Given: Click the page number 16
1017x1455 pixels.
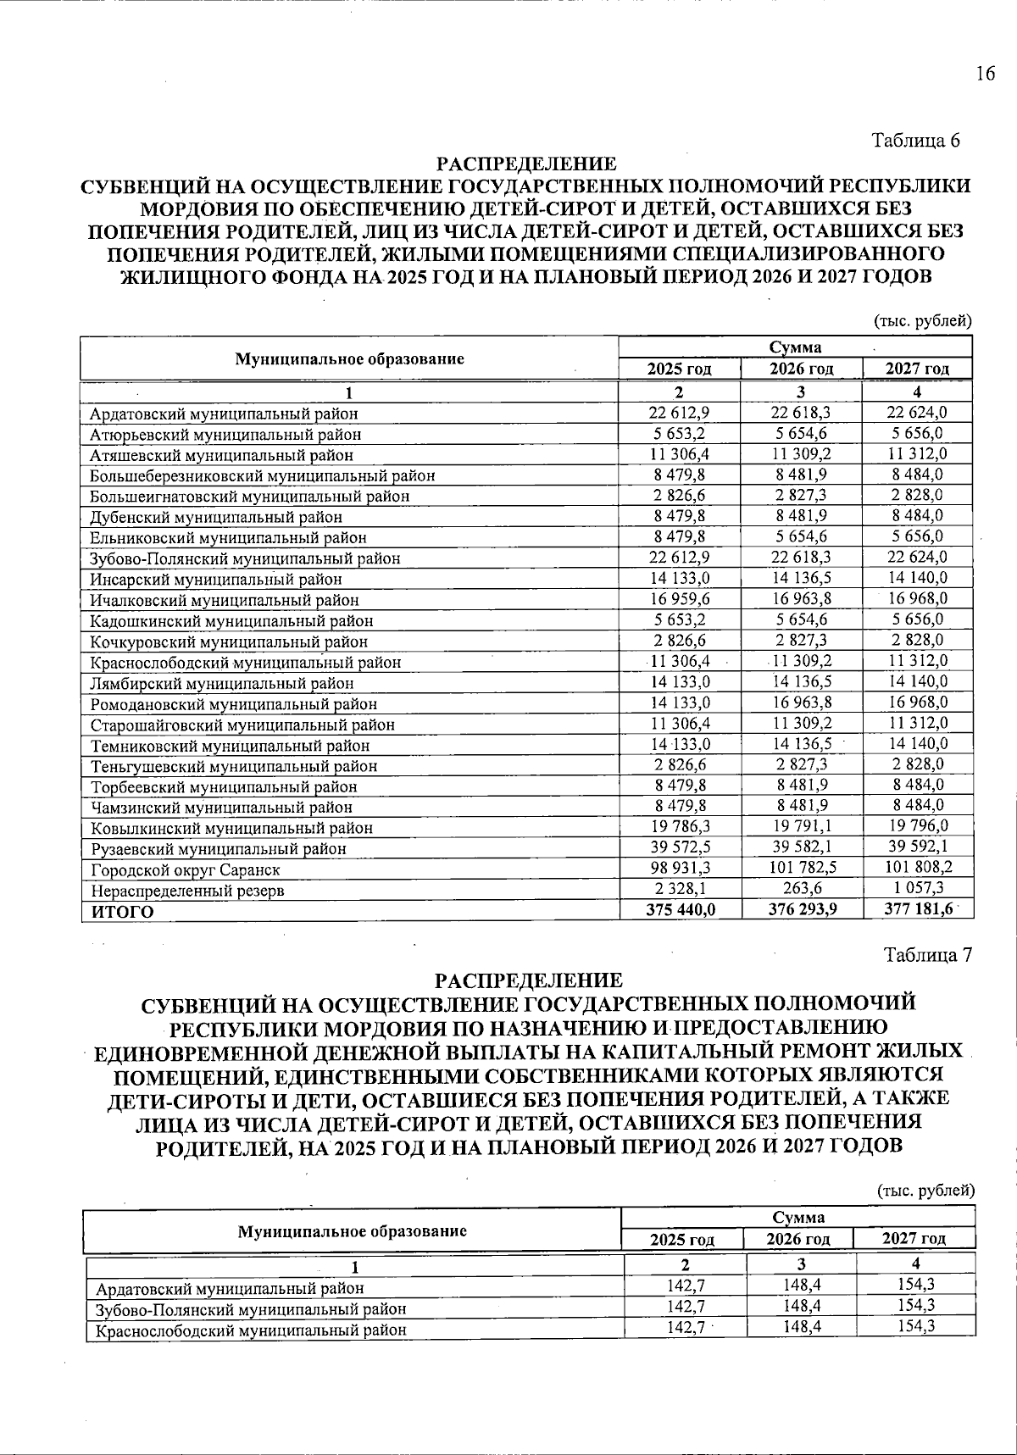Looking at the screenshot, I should [x=984, y=74].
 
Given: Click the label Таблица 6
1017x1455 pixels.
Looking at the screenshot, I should [x=916, y=141].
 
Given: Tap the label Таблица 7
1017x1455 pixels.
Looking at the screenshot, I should [x=927, y=955].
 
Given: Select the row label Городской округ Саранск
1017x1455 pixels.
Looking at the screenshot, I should [x=185, y=869].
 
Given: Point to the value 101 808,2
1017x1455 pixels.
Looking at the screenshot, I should [x=918, y=867].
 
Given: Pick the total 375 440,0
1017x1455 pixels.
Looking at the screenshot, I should [x=681, y=908].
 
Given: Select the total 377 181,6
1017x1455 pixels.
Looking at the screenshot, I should [x=918, y=908].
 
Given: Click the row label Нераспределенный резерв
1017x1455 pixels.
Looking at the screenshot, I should [x=187, y=891].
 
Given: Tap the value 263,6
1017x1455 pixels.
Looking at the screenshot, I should [x=801, y=888].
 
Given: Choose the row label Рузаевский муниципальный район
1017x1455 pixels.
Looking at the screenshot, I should [x=218, y=848].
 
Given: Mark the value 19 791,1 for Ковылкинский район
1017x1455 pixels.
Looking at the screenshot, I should [x=801, y=825].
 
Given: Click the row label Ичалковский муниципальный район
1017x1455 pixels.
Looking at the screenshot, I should [x=224, y=600].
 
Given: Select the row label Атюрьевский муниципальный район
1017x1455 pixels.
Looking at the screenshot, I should [x=225, y=435].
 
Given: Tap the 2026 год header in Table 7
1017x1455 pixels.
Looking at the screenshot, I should [x=798, y=1239].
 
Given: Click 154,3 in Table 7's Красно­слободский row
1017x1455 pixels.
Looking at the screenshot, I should [x=915, y=1326].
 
